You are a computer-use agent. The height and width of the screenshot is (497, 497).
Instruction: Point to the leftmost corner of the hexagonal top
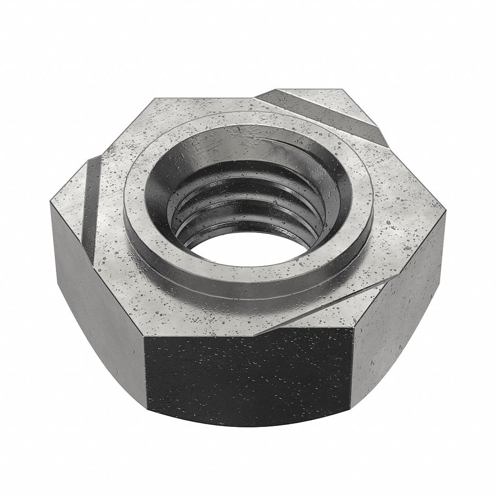[51, 202]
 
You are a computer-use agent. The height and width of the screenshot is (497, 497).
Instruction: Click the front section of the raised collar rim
[246, 279]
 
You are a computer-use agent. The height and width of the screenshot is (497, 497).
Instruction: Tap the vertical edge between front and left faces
[144, 369]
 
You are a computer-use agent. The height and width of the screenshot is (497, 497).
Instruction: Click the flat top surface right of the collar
[402, 208]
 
